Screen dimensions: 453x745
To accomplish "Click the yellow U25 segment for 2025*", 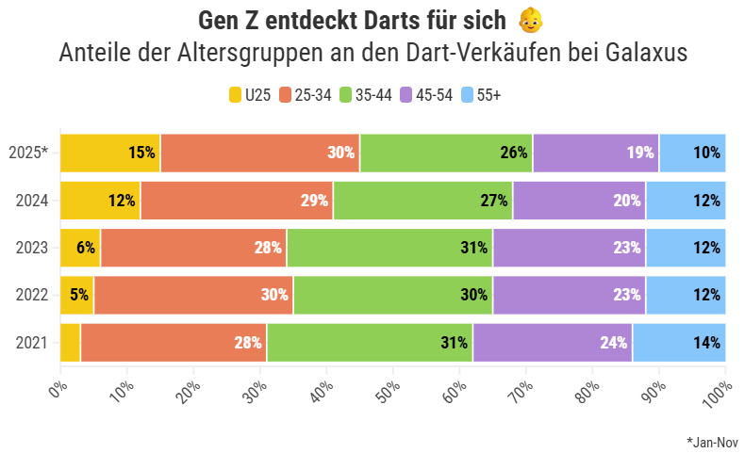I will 110,153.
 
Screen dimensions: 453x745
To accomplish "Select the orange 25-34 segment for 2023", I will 193,248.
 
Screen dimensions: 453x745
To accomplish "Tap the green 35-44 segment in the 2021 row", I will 370,343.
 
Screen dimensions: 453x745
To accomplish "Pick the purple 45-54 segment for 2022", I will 570,295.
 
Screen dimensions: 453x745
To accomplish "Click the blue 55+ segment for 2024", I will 686,200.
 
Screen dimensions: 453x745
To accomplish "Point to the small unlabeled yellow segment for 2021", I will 70,343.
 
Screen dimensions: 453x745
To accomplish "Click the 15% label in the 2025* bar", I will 141,153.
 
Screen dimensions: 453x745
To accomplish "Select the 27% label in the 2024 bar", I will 494,201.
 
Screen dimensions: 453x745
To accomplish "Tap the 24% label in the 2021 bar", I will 613,343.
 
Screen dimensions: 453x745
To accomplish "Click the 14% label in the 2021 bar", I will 706,343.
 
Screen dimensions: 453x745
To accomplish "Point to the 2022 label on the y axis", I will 32,295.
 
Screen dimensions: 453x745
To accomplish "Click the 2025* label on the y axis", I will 28,153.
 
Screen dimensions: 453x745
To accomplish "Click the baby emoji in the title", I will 531,20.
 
